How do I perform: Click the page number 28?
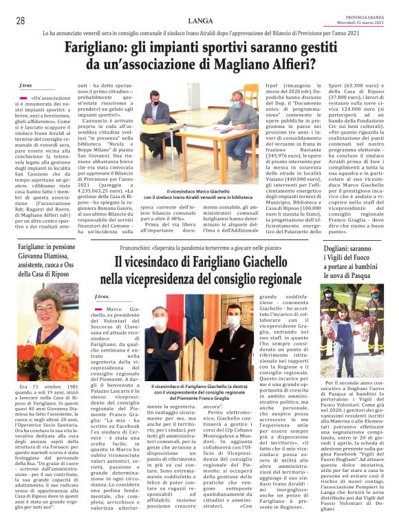21,21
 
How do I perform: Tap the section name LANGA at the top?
200,21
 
